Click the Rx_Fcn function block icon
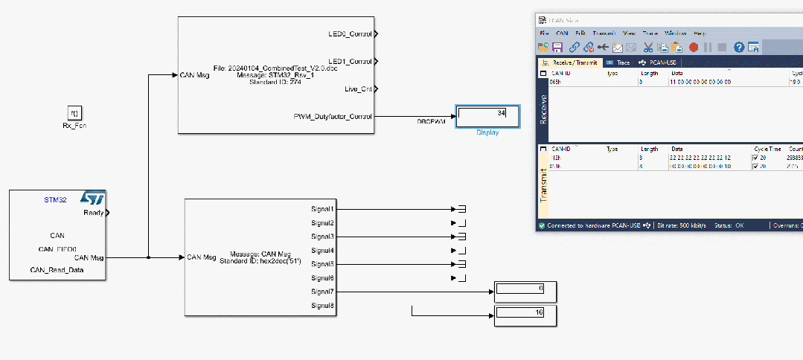[x=74, y=113]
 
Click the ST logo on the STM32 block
[x=92, y=199]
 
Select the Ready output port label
[x=94, y=213]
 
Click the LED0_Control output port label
[x=350, y=33]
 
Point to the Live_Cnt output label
[x=358, y=89]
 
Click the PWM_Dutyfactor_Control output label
[x=333, y=116]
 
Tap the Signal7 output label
[x=322, y=292]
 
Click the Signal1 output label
[x=322, y=209]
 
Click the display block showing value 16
[x=525, y=315]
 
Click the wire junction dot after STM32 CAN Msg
[x=149, y=257]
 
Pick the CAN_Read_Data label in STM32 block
[x=57, y=269]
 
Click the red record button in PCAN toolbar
[x=694, y=47]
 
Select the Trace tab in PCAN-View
[x=618, y=62]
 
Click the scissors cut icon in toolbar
[x=648, y=47]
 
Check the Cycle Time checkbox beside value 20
[x=755, y=158]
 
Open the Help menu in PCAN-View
[x=700, y=33]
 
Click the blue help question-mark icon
[x=739, y=47]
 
